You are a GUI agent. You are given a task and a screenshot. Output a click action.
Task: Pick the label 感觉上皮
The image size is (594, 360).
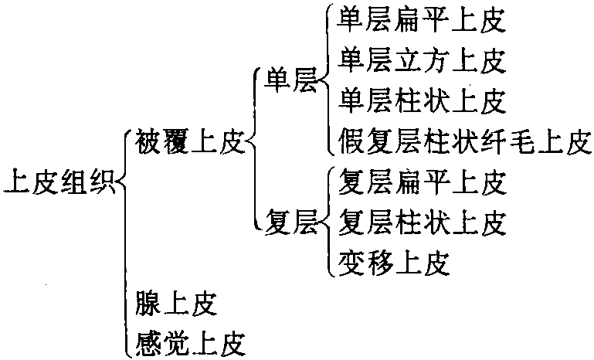coord(189,340)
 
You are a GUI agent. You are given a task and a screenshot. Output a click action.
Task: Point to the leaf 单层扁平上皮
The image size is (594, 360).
coord(422,21)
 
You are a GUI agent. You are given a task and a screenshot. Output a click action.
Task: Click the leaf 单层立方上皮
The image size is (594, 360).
coord(422,60)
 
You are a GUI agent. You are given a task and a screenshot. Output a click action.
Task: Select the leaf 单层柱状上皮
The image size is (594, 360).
coord(422,100)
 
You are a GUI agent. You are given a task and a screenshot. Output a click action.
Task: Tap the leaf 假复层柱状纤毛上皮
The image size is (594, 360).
coord(464,141)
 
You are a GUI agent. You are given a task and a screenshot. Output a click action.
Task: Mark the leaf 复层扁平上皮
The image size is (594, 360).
coord(422,183)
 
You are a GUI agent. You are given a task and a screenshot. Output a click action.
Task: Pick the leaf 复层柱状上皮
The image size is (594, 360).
coord(422,223)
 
